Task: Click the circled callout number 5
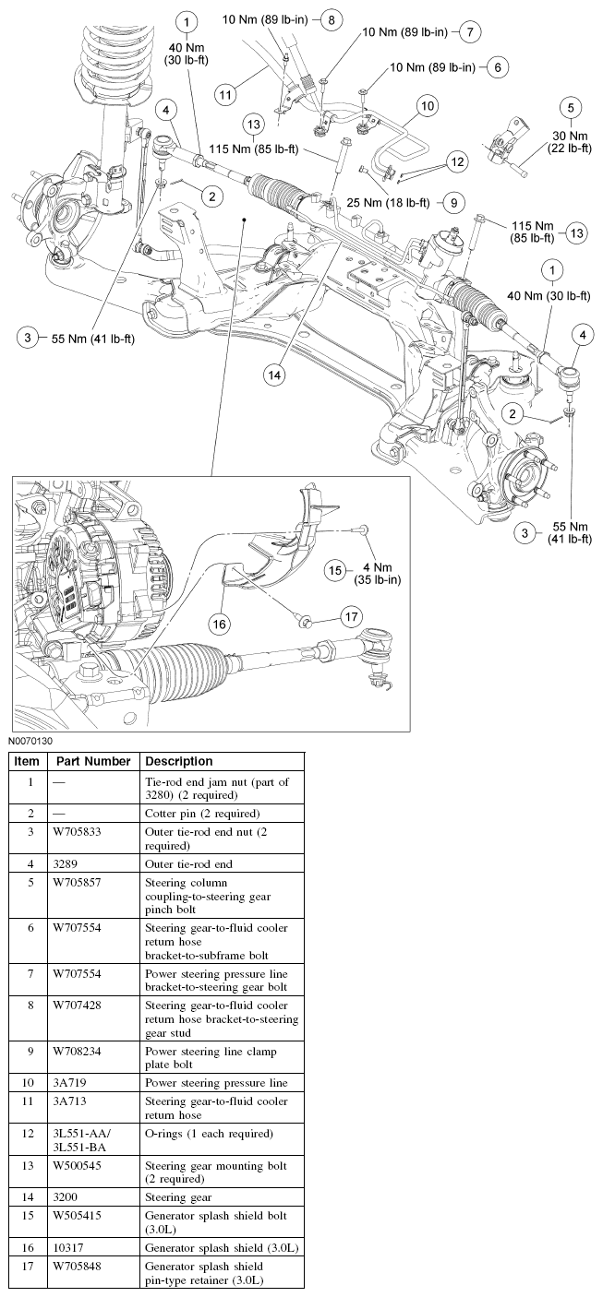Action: (570, 106)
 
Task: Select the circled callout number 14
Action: (273, 375)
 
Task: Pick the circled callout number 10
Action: (428, 107)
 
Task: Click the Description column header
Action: (179, 761)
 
